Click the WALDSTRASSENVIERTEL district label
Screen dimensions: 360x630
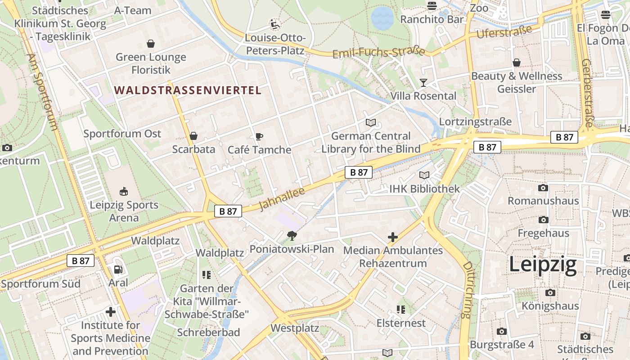[188, 90]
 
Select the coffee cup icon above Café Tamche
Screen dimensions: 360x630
[259, 136]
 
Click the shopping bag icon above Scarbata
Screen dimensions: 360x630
[193, 136]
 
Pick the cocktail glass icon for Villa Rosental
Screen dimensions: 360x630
[423, 82]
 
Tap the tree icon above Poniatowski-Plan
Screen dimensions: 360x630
[292, 235]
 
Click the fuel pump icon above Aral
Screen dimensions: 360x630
[118, 269]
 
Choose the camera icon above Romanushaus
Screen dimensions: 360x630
[543, 188]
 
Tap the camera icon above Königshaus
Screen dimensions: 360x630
[550, 293]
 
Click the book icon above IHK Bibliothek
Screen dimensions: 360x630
[424, 175]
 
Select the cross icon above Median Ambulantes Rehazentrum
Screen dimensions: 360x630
[393, 237]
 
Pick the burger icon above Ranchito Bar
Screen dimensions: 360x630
[432, 6]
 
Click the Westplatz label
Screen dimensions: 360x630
[295, 328]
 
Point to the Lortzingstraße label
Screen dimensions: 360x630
[475, 121]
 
